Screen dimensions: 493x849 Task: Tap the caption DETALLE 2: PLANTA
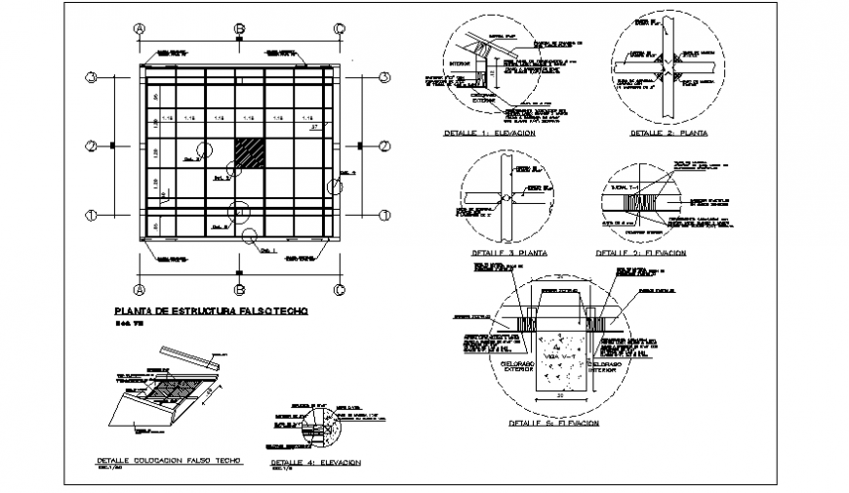tap(669, 132)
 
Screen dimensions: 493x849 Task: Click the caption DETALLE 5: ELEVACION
tap(553, 424)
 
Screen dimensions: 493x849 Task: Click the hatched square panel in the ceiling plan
tap(250, 154)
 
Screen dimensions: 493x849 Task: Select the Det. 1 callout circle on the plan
tap(251, 233)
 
